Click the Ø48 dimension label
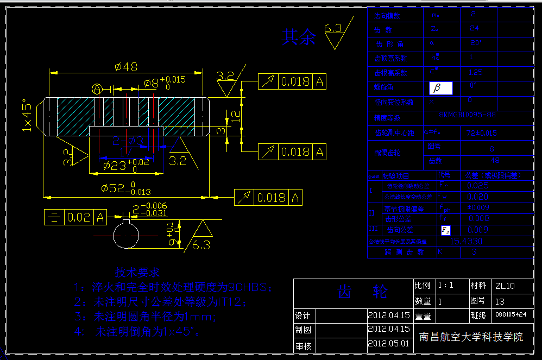125,67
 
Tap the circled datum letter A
97,89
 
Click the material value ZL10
505,286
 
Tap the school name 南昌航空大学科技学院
471,337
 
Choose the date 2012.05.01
389,344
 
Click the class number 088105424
510,314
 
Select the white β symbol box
440,88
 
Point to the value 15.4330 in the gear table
467,241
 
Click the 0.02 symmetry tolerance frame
75,218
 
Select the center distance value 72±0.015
482,132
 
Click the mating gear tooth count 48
495,161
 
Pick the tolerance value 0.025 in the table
478,186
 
